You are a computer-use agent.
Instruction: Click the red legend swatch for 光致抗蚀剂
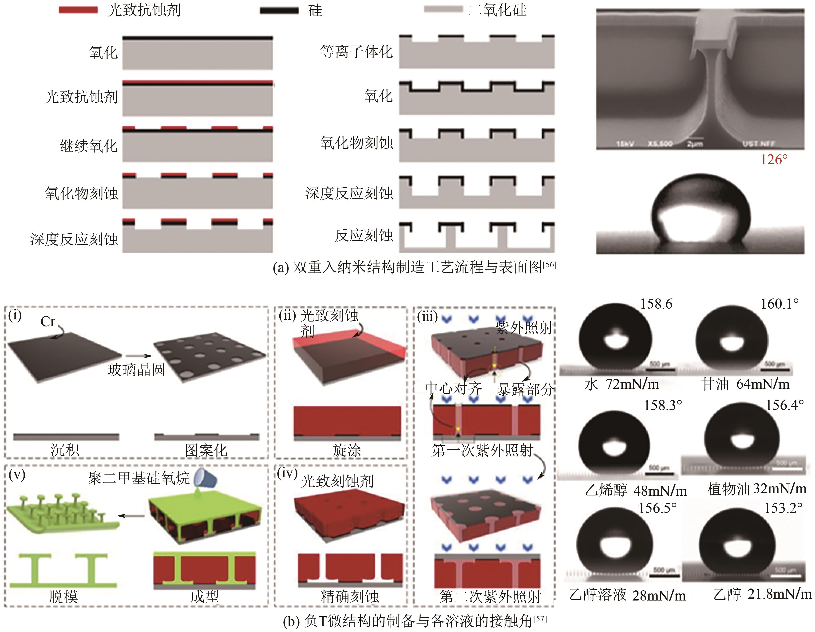point(78,10)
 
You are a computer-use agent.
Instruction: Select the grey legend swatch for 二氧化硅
point(443,9)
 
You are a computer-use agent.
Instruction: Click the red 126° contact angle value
point(774,160)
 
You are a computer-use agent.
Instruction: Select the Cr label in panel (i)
point(48,322)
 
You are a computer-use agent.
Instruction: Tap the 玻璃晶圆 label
point(136,370)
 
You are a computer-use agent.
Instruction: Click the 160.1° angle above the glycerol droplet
point(779,304)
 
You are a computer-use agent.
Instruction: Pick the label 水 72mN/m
point(621,384)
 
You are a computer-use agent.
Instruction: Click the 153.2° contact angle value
point(783,508)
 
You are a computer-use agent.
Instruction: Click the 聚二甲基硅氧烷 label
point(139,478)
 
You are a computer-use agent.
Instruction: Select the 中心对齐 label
point(453,388)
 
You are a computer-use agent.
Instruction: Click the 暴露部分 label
point(525,389)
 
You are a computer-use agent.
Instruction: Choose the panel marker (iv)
point(287,473)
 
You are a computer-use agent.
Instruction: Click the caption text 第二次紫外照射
point(490,597)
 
